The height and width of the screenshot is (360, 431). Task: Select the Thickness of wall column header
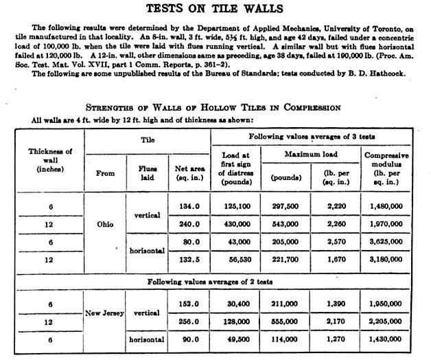49,161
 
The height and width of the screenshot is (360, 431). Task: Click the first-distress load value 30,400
237,303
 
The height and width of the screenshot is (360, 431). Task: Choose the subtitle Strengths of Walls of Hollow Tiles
213,107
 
